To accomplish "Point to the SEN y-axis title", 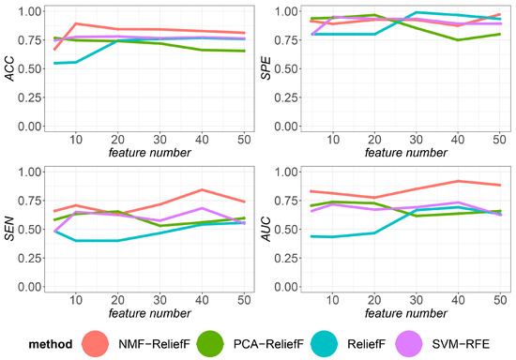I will [8, 228].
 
